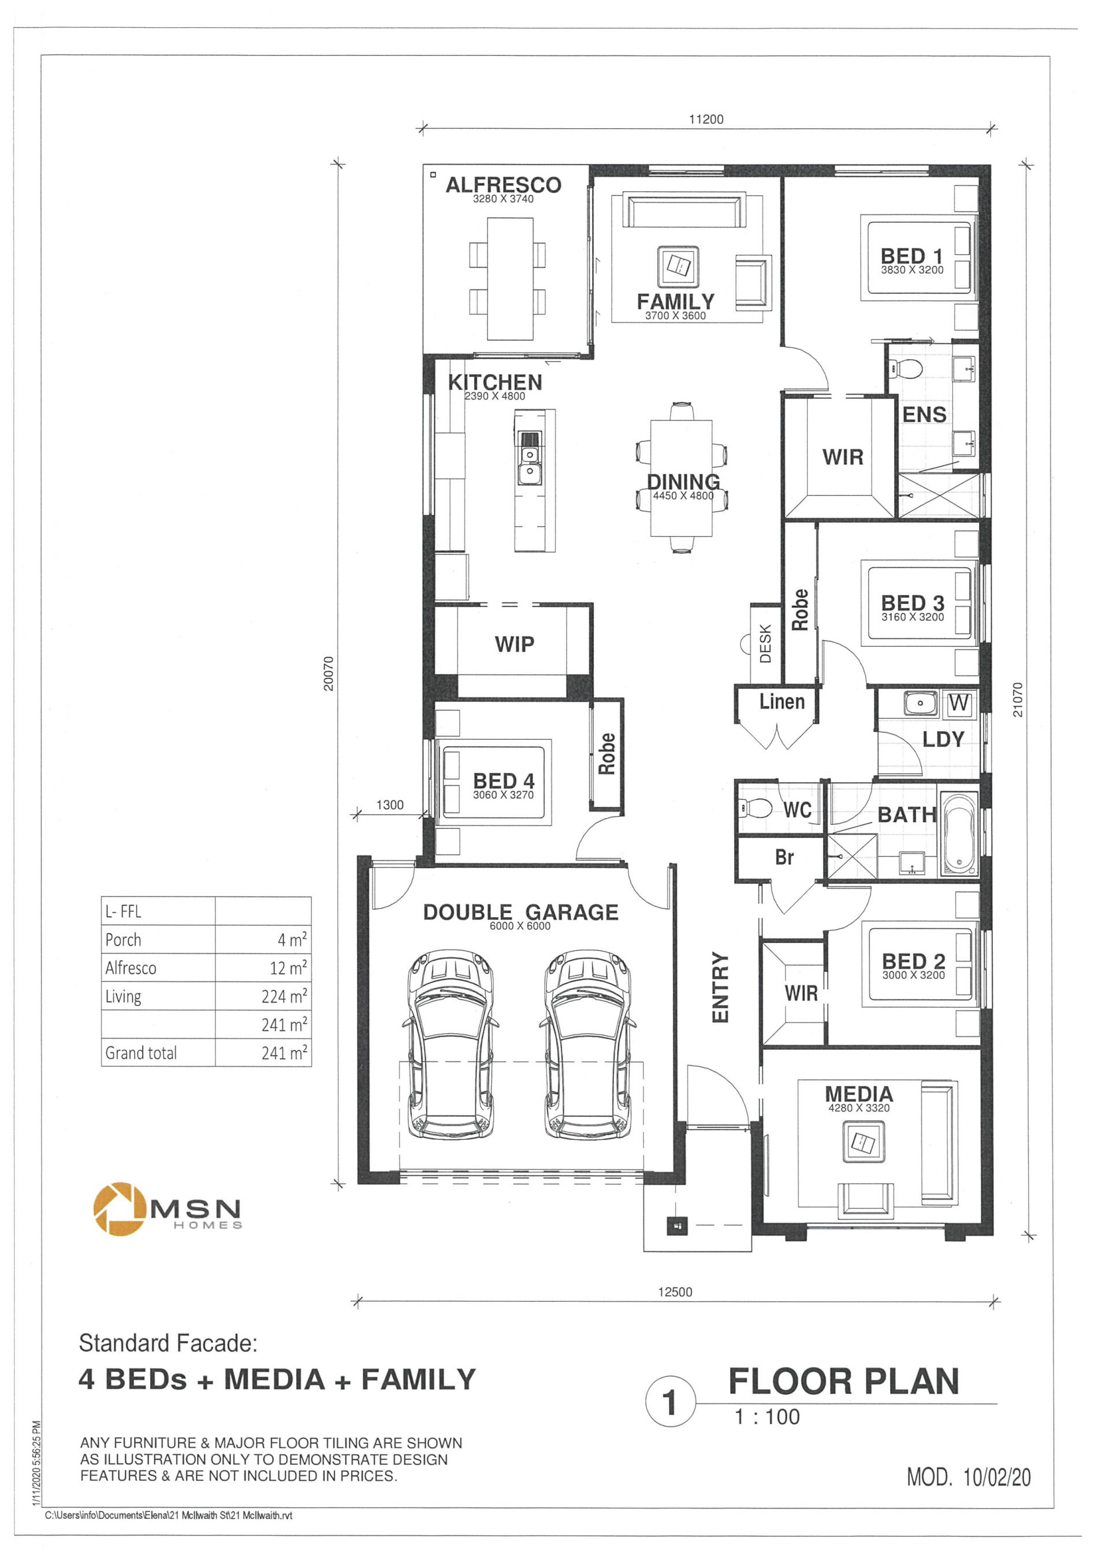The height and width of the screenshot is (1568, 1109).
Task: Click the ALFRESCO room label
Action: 503,185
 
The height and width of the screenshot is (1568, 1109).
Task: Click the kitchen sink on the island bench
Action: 529,459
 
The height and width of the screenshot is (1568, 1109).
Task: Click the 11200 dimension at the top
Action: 706,120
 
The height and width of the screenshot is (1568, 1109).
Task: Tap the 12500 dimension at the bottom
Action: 675,1292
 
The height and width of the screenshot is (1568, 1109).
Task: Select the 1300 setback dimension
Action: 390,805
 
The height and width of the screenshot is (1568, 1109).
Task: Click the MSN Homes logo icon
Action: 120,1209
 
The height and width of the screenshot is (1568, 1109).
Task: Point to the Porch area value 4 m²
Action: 292,940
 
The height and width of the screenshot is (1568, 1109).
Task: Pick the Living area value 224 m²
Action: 284,996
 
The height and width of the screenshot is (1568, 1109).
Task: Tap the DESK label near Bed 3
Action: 765,643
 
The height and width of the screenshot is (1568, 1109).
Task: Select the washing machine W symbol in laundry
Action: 959,703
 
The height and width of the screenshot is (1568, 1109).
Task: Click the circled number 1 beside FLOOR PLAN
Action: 670,1403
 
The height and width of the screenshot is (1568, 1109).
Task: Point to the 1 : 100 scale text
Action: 767,1417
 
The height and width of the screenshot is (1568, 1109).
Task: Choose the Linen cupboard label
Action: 782,701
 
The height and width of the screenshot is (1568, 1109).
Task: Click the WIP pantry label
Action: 514,644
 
